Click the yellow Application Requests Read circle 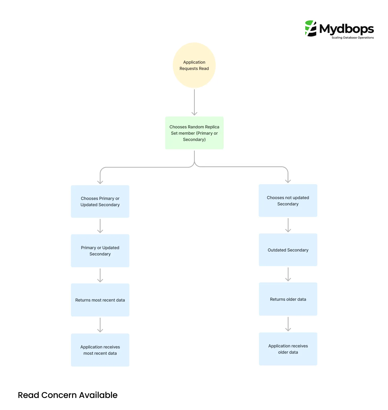(x=194, y=65)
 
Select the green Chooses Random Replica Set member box (x=194, y=133)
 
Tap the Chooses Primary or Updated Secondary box (x=100, y=201)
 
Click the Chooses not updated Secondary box (x=288, y=201)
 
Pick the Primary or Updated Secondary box (x=100, y=251)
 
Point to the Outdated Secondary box (x=288, y=250)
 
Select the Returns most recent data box (x=100, y=300)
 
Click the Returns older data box (x=288, y=299)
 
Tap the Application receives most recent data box (x=100, y=350)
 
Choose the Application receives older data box (x=288, y=349)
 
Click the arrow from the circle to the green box (x=194, y=102)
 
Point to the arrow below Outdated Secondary (x=288, y=274)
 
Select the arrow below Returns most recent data (x=100, y=325)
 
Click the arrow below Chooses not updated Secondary (x=288, y=225)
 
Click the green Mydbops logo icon (x=311, y=28)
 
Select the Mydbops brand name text (x=346, y=29)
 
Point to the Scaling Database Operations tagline (x=352, y=38)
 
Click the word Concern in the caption (x=59, y=395)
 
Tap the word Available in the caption (x=98, y=395)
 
